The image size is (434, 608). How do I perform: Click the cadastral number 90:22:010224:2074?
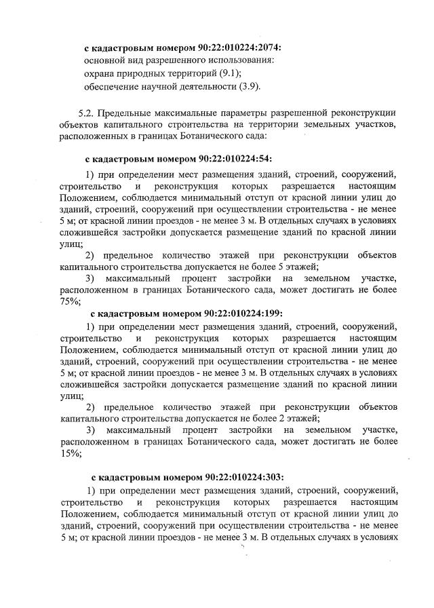[237, 48]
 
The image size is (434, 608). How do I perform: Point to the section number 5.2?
[89, 112]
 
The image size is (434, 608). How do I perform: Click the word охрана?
[102, 74]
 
